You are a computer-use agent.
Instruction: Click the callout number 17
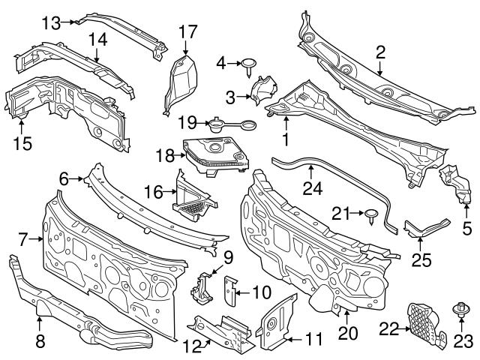[187, 31]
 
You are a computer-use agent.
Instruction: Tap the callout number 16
[152, 192]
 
